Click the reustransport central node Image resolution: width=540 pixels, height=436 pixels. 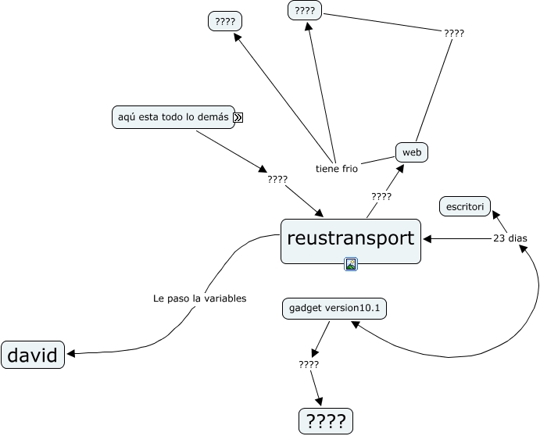(x=351, y=241)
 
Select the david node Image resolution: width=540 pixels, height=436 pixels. (x=33, y=355)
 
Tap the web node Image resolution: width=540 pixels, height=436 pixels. (x=412, y=152)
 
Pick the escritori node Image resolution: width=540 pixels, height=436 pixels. (x=465, y=206)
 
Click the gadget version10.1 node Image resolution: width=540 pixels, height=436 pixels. (x=334, y=309)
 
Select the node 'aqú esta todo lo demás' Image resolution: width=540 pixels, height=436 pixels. (x=173, y=117)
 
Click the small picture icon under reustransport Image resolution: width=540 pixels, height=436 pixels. (x=351, y=264)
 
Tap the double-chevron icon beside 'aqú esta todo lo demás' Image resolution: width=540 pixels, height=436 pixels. (x=238, y=118)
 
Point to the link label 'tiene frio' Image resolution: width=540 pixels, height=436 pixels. (x=337, y=169)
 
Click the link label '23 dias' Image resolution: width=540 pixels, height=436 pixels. (x=510, y=238)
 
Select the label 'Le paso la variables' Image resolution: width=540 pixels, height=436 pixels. (x=200, y=298)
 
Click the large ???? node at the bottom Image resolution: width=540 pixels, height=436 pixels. (x=326, y=421)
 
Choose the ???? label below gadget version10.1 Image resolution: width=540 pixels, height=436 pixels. (x=309, y=364)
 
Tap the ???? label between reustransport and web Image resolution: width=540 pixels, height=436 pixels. (x=381, y=197)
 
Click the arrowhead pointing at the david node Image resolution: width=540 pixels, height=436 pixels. (x=71, y=354)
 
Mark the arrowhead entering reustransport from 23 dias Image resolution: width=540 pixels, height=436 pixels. (x=427, y=238)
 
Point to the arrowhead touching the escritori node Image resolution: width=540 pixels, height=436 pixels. (x=495, y=215)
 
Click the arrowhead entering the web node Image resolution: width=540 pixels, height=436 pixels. (x=400, y=169)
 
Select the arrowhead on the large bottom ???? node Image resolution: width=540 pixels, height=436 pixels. (x=320, y=402)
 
